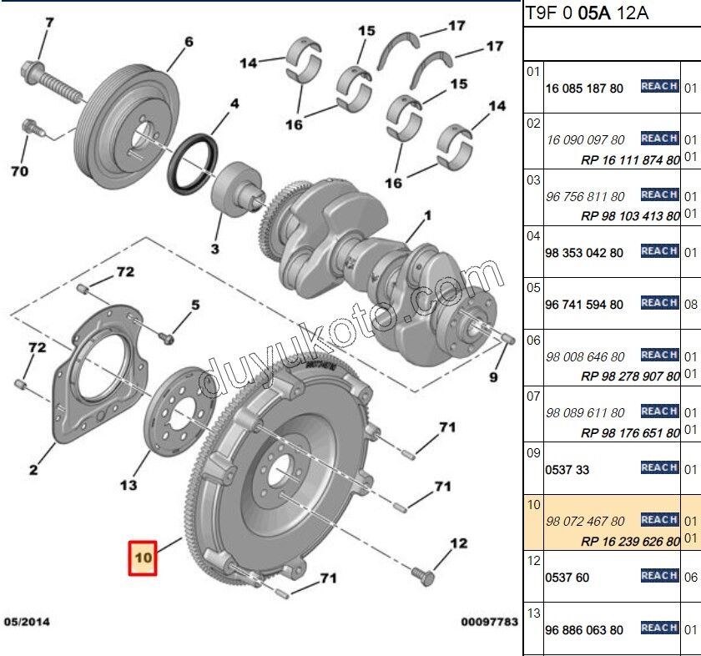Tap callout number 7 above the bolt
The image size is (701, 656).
(x=49, y=22)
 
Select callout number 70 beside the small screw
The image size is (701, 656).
(x=19, y=172)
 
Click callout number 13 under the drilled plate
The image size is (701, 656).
(x=128, y=484)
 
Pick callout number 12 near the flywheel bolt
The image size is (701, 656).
(x=460, y=543)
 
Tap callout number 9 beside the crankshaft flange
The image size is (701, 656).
(x=493, y=377)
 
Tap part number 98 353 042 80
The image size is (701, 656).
(x=583, y=252)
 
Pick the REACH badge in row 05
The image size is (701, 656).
(x=659, y=303)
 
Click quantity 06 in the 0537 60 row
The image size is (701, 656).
(x=690, y=577)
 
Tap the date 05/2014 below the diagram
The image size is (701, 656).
(x=27, y=622)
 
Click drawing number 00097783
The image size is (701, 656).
(x=489, y=622)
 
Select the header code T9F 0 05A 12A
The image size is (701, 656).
(x=588, y=13)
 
